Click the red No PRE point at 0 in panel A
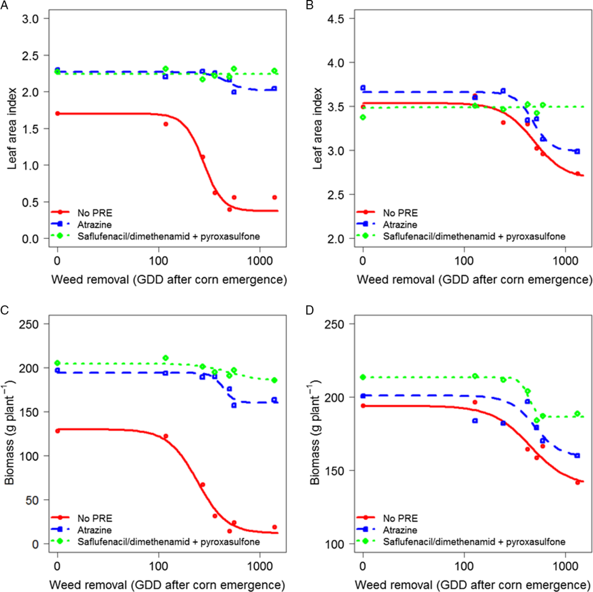[57, 113]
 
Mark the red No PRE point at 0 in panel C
[57, 430]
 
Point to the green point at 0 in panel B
[363, 117]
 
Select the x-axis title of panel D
[472, 584]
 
